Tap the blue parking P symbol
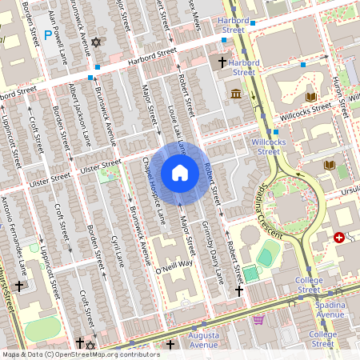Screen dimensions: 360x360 [48, 34]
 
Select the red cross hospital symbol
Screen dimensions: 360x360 [340, 238]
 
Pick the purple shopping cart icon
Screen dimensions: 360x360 [258, 320]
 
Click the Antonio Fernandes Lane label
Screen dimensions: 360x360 [20, 232]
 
